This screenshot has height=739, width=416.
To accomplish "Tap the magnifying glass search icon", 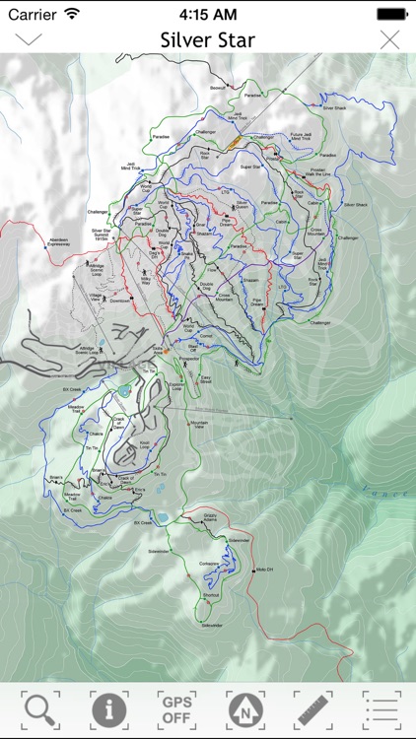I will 40,708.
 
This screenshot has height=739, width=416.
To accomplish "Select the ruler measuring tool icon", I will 312,708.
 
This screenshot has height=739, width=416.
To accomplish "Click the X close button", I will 390,39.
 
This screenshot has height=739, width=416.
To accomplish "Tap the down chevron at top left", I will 28,39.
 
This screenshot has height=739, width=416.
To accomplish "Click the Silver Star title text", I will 208,40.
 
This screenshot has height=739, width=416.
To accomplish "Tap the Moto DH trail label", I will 263,570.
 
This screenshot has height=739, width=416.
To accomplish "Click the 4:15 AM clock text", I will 207,14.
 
